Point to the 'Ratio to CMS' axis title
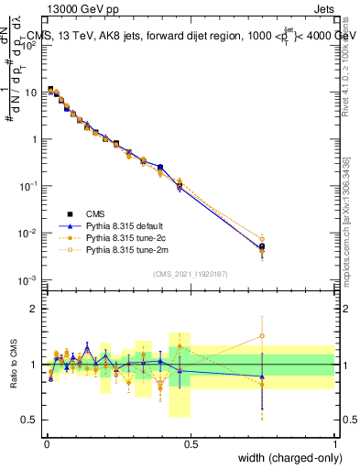coord(13,365)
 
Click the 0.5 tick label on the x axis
coord(190,443)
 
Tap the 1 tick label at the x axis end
coord(334,443)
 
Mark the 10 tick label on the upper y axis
coord(32,92)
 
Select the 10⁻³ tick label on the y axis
coord(29,279)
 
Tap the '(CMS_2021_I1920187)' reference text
coord(190,273)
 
